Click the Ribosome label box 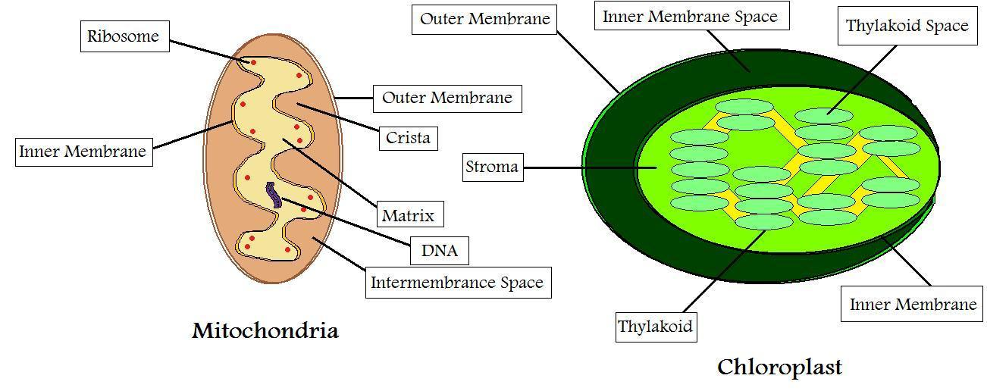click(x=124, y=36)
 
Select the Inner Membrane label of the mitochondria click(x=83, y=152)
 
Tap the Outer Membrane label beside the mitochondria click(x=446, y=98)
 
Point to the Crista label click(x=408, y=138)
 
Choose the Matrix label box click(x=409, y=215)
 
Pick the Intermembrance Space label click(x=457, y=283)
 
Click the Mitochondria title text click(x=265, y=331)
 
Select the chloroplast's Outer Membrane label click(x=484, y=18)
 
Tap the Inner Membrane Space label click(x=690, y=17)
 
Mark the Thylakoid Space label click(x=907, y=26)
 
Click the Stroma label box click(x=492, y=167)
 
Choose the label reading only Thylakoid click(x=656, y=327)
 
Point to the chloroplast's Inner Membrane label click(x=913, y=305)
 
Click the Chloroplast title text click(x=779, y=368)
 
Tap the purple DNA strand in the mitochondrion click(x=272, y=195)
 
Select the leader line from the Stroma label click(x=580, y=167)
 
